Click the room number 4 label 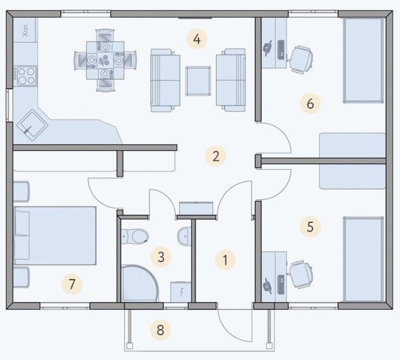tap(197, 39)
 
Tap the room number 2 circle tap(215, 156)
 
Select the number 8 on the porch tap(161, 330)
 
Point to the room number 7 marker tap(72, 283)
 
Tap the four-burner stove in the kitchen tap(25, 76)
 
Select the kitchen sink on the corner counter tap(32, 125)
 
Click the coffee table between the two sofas tap(198, 81)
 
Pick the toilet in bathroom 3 tap(135, 236)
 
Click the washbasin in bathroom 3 tap(184, 236)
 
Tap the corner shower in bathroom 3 tap(139, 283)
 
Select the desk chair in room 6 tap(301, 60)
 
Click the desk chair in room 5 tap(301, 275)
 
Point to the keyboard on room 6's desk tap(281, 50)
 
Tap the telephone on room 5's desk tap(267, 286)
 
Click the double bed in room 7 tap(54, 236)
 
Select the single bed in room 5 tap(363, 259)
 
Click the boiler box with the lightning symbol tap(181, 292)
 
